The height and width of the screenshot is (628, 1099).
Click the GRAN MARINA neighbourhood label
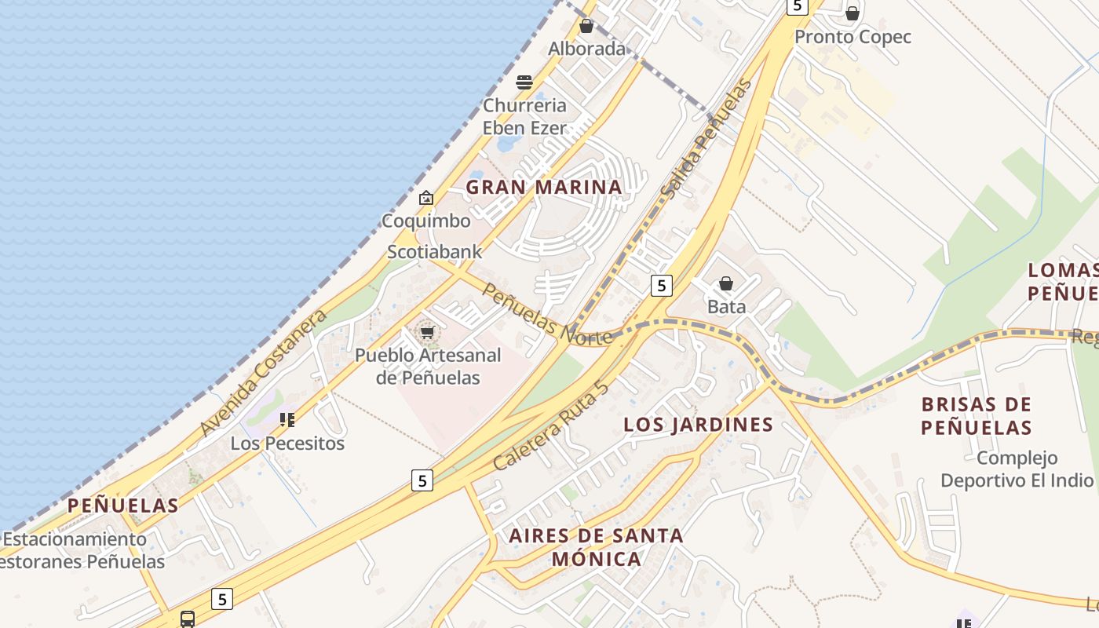click(544, 188)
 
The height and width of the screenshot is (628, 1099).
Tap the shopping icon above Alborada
click(586, 26)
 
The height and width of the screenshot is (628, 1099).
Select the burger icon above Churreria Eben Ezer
click(524, 82)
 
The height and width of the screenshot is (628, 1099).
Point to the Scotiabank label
click(434, 252)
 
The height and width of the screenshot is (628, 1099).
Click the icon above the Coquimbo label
click(426, 198)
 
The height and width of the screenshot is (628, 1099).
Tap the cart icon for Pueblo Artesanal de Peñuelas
click(427, 333)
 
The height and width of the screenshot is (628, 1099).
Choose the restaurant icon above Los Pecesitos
click(287, 420)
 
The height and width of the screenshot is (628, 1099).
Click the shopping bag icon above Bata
click(726, 283)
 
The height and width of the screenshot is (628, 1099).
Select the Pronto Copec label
click(853, 37)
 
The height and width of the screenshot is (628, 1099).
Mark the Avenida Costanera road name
click(263, 373)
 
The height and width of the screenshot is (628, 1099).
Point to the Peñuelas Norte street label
click(547, 314)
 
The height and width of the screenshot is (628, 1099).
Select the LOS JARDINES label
click(698, 425)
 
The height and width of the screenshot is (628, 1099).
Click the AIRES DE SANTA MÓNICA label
click(596, 547)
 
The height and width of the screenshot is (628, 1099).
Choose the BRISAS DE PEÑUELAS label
click(976, 416)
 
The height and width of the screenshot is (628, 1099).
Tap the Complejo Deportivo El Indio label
click(1017, 469)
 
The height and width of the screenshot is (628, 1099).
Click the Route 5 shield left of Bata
click(662, 286)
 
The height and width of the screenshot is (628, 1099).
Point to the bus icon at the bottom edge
click(188, 619)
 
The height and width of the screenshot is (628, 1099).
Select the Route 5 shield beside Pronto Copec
click(798, 6)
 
